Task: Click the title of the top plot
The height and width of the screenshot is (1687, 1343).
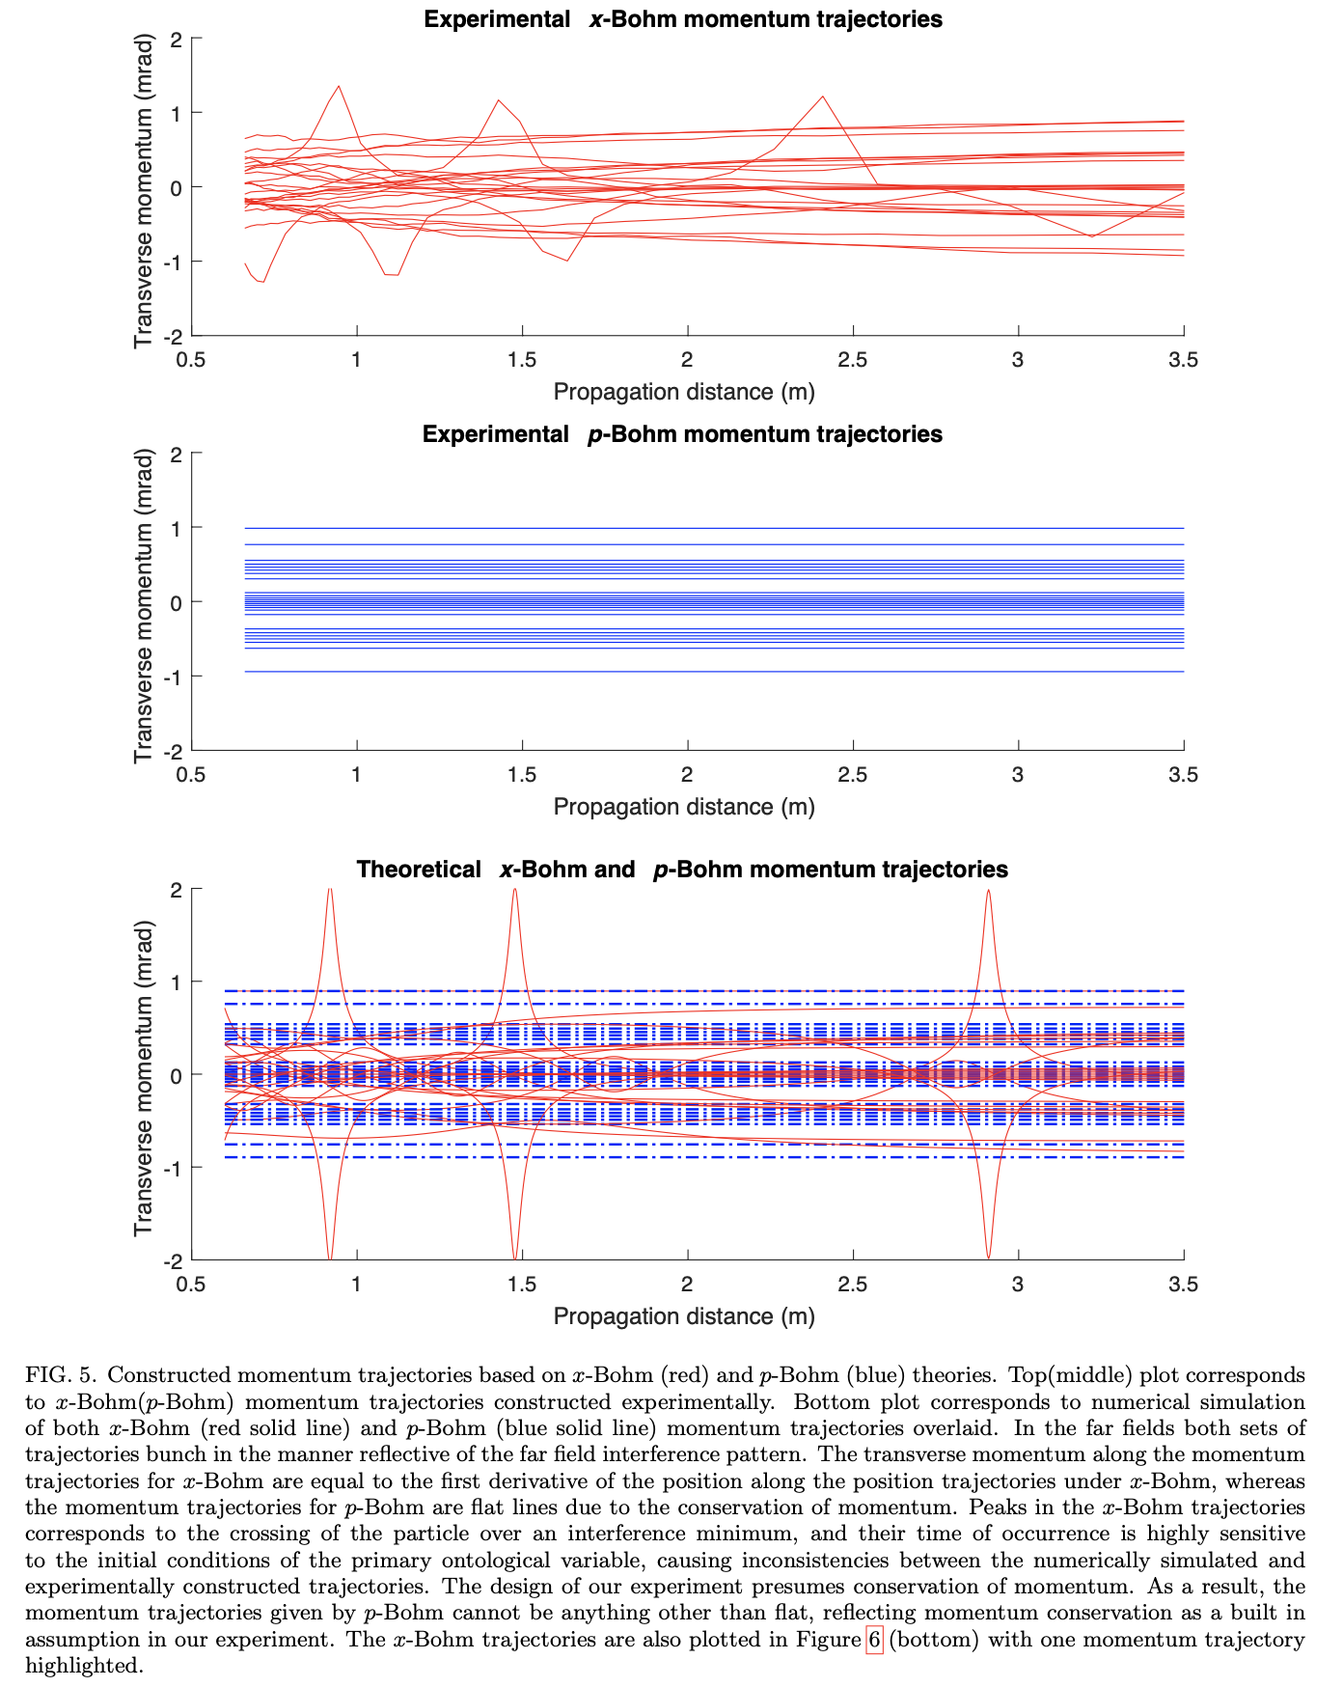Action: (683, 19)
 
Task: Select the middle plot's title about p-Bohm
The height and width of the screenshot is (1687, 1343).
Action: (682, 434)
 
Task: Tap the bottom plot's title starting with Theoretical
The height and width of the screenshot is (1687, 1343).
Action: (682, 870)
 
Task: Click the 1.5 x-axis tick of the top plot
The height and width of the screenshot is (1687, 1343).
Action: (522, 360)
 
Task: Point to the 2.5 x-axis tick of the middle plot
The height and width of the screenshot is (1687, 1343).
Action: (852, 775)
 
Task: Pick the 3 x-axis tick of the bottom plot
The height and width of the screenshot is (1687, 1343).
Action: (1018, 1285)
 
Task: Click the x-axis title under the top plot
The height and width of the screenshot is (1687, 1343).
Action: (683, 392)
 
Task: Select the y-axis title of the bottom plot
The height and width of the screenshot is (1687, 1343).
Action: (144, 1073)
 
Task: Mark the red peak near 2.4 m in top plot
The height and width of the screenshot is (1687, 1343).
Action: (822, 97)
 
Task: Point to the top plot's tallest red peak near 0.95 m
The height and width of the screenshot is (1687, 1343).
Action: (339, 87)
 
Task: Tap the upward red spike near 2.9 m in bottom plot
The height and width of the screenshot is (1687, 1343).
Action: (988, 894)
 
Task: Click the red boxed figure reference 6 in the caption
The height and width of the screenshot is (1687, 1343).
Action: (874, 1640)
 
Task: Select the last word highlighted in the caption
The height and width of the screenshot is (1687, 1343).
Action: (84, 1666)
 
